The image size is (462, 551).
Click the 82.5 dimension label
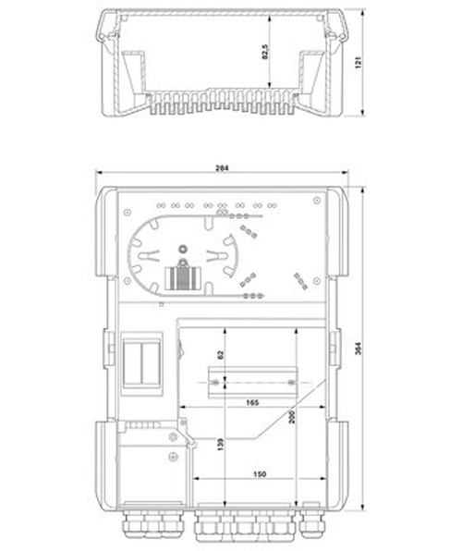point(265,52)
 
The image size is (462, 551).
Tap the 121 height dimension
point(359,62)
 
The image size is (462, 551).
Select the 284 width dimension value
point(222,168)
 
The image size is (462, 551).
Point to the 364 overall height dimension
point(358,349)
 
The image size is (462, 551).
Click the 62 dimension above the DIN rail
point(221,355)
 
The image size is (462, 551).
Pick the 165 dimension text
point(252,402)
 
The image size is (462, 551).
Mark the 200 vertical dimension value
point(292,417)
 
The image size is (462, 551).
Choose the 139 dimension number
point(221,445)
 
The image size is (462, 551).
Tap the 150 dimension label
point(260,474)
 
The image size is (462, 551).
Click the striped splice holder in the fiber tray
point(183,278)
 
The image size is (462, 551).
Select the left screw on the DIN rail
point(215,383)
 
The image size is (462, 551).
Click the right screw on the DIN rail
point(291,383)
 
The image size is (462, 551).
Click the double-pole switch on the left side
point(141,363)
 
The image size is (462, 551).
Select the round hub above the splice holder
point(183,249)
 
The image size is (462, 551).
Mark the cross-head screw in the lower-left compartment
point(174,457)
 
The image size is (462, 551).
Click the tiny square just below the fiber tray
point(162,305)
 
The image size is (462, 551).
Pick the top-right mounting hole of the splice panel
point(317,201)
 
